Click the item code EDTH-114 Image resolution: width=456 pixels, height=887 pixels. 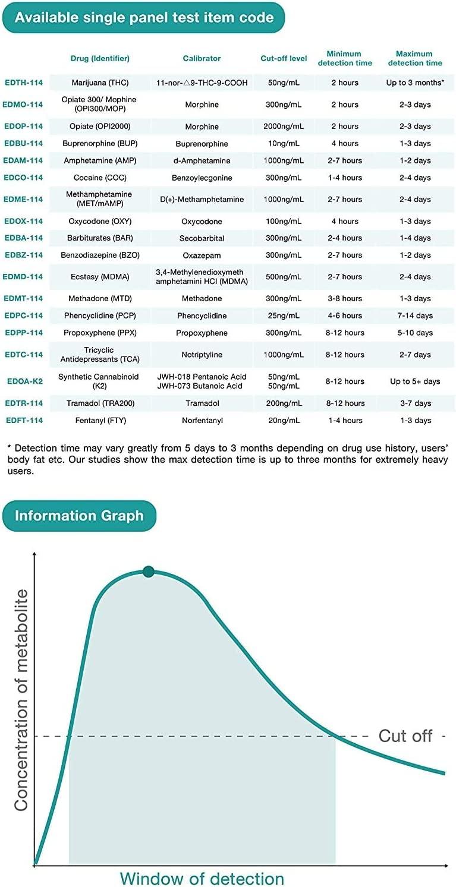click(x=24, y=83)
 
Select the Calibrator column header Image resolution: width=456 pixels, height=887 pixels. click(x=202, y=58)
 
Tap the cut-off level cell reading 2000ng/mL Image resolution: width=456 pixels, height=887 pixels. click(x=284, y=127)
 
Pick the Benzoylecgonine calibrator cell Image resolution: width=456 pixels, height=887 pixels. click(x=202, y=178)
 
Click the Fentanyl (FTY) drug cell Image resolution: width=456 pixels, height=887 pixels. click(x=100, y=421)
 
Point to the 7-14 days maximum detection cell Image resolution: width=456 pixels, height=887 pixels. click(x=415, y=315)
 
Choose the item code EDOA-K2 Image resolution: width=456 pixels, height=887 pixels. click(x=24, y=381)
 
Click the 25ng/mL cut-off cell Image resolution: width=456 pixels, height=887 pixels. click(x=284, y=315)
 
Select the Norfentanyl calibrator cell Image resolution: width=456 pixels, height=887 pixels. click(x=202, y=421)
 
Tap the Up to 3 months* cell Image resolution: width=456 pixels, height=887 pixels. click(x=415, y=83)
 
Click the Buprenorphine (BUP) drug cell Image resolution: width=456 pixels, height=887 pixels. click(x=100, y=144)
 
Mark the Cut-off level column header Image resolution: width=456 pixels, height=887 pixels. click(x=284, y=58)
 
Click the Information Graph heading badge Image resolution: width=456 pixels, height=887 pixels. click(x=79, y=515)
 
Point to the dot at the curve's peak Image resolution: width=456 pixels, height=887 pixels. click(x=149, y=572)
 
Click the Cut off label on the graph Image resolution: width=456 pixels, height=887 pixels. click(x=405, y=736)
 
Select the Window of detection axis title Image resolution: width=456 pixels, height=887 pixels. click(x=202, y=878)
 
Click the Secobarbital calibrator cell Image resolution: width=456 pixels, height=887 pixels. click(x=202, y=238)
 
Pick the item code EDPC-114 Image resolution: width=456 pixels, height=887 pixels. click(x=24, y=315)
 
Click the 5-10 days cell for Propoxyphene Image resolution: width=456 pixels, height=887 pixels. click(x=415, y=333)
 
